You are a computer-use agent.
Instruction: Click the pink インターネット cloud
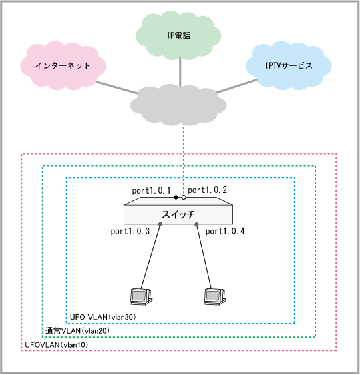tap(63, 66)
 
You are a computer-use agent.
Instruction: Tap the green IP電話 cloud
tap(178, 35)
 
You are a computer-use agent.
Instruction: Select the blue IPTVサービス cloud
tap(289, 66)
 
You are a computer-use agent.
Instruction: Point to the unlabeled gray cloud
tap(178, 105)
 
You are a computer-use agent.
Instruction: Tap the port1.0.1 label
tap(151, 191)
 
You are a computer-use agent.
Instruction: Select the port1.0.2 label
tap(207, 190)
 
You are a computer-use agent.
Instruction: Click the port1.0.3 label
tap(130, 232)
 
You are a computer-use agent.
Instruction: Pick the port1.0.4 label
tap(225, 232)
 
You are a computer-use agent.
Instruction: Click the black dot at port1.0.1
tap(176, 198)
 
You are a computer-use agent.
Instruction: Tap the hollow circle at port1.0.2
tap(184, 198)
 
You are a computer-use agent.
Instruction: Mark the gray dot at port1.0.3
tap(160, 224)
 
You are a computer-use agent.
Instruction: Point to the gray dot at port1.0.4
tap(196, 224)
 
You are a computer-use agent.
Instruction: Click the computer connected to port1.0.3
tap(141, 296)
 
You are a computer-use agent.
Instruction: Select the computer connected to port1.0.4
tap(215, 296)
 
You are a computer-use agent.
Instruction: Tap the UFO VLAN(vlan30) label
tap(103, 317)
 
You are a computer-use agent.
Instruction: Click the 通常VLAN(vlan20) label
tap(77, 331)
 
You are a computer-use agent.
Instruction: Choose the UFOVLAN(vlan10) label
tap(57, 345)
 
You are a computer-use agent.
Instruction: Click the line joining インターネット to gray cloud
tap(117, 88)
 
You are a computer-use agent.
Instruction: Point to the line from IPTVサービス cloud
tap(237, 86)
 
